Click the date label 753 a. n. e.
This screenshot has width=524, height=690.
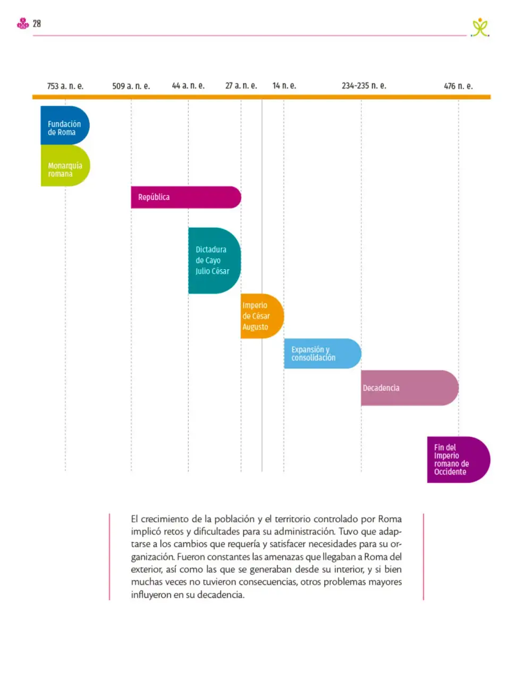pos(65,86)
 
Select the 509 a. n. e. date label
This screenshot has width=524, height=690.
pos(131,86)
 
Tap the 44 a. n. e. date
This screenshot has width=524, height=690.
pos(188,85)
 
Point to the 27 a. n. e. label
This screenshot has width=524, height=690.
pos(241,85)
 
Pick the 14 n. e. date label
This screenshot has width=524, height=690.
pos(284,85)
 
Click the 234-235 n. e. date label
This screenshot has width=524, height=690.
pos(364,85)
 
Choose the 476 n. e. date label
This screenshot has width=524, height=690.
pos(458,86)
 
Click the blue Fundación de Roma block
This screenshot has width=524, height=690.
pos(65,125)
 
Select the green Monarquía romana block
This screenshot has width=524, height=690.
pos(65,166)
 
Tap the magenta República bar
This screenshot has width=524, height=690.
pos(186,197)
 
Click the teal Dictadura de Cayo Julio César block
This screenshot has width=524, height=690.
pos(215,261)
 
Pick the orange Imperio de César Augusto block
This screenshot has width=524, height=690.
pos(262,316)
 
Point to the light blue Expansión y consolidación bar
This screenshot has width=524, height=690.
pos(323,353)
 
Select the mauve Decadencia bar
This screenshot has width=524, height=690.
pos(410,387)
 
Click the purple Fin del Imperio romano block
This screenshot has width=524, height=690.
pos(459,459)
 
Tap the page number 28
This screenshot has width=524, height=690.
pos(37,23)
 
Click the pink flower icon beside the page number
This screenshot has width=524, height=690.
pos(23,23)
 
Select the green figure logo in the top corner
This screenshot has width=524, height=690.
pos(480,28)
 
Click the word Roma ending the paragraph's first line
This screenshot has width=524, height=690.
pos(390,519)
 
